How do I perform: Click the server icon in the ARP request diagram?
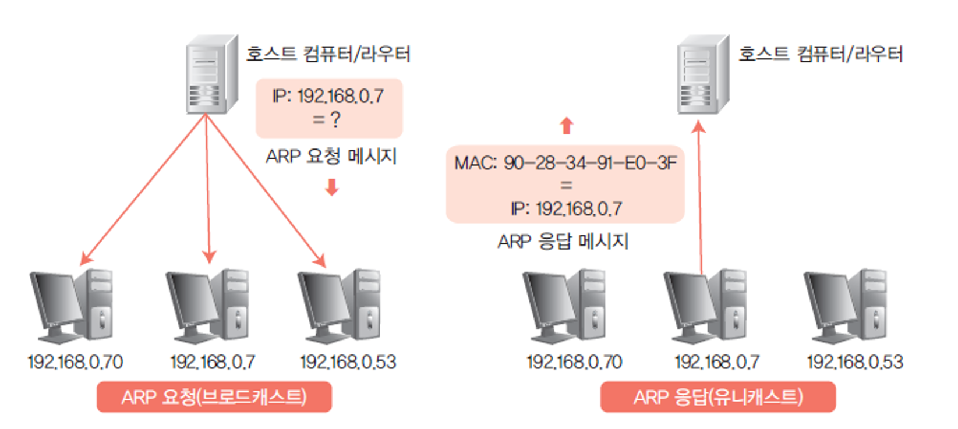tap(211, 75)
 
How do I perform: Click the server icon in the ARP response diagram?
tap(703, 75)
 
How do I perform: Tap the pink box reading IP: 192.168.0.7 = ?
tap(329, 108)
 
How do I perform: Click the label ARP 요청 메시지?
tap(331, 156)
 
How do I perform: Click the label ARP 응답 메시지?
tap(563, 241)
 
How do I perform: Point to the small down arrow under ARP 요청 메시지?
tap(332, 187)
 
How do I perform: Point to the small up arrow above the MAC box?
tap(567, 125)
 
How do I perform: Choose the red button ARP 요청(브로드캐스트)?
tap(214, 397)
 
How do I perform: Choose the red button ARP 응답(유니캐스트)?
tap(718, 397)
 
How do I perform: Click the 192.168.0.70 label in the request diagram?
tap(75, 362)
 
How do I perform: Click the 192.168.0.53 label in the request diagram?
tap(348, 362)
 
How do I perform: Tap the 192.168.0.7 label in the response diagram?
tap(717, 362)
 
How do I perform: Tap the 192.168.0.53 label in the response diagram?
tap(855, 362)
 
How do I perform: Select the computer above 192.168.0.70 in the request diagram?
tap(71, 306)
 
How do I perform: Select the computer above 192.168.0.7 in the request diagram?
tap(207, 306)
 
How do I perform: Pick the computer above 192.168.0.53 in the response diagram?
tap(845, 306)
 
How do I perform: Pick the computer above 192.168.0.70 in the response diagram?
tap(564, 306)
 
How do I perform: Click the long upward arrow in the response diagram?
tap(700, 198)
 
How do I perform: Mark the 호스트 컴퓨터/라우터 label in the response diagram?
tap(821, 54)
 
